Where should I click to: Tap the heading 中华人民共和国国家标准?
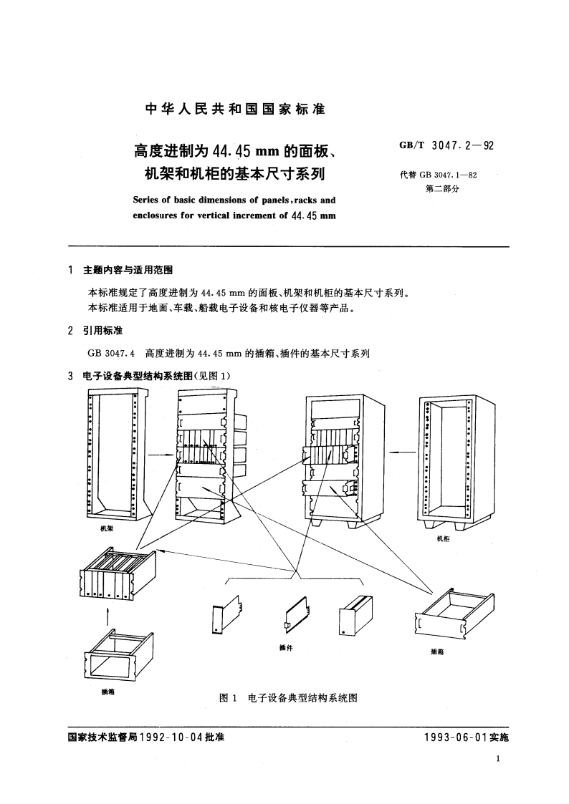pos(235,110)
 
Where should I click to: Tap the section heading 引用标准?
pos(103,331)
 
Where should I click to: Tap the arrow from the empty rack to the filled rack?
pos(160,454)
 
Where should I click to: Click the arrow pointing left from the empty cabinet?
pos(405,451)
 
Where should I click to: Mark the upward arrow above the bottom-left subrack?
pos(108,614)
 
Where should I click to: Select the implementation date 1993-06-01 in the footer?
pos(450,737)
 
